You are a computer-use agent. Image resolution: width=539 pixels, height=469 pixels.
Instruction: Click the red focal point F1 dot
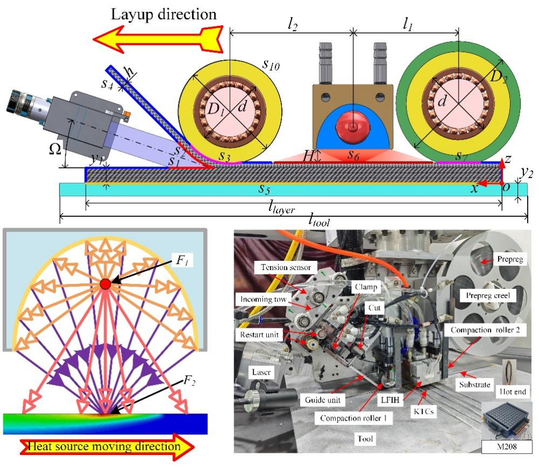pyautogui.click(x=105, y=284)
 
